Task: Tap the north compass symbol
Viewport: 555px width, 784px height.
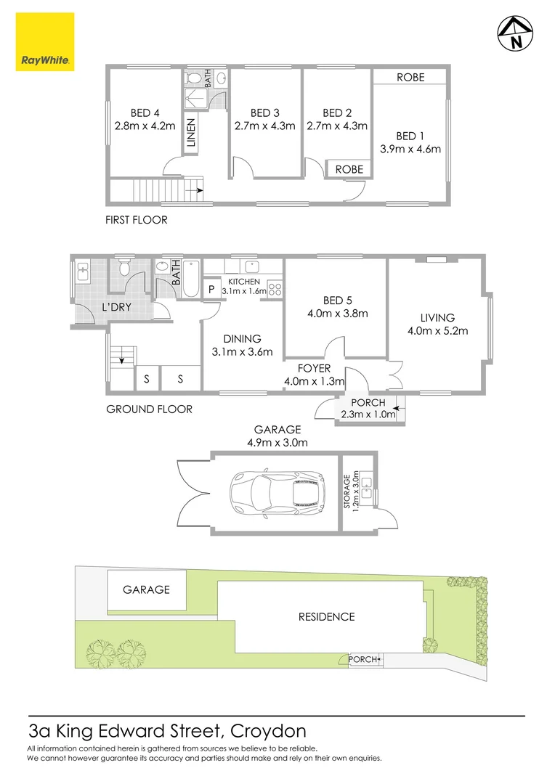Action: point(516,33)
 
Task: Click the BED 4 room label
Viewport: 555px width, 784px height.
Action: point(145,113)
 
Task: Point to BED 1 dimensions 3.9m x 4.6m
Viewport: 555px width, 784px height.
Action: point(410,150)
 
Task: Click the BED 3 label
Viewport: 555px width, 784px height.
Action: point(265,113)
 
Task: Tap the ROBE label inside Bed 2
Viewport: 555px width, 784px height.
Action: point(349,168)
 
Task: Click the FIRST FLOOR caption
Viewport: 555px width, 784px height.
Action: point(137,219)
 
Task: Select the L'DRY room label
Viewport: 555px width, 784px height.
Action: point(116,307)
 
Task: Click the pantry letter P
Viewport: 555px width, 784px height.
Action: point(211,289)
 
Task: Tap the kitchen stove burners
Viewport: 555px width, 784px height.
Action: point(275,288)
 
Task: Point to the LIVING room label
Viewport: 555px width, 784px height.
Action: point(437,317)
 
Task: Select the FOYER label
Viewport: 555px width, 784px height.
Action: point(314,368)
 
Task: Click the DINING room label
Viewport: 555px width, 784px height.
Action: point(242,338)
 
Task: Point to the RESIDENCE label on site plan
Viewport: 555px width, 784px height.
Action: point(326,616)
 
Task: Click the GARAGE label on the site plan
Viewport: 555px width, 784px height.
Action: point(145,589)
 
